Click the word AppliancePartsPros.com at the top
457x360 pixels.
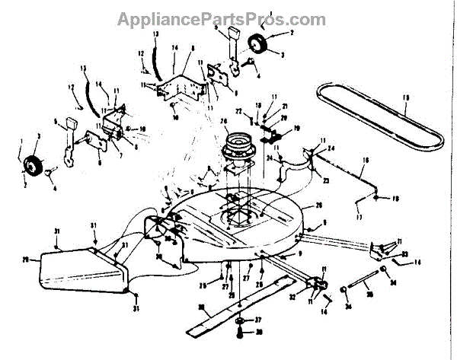click(x=221, y=19)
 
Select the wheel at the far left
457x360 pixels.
click(x=33, y=164)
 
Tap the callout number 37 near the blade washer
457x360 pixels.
click(x=258, y=320)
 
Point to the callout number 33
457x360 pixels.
click(x=404, y=254)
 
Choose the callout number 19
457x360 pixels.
click(x=296, y=127)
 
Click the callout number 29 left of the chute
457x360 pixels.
click(x=24, y=259)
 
